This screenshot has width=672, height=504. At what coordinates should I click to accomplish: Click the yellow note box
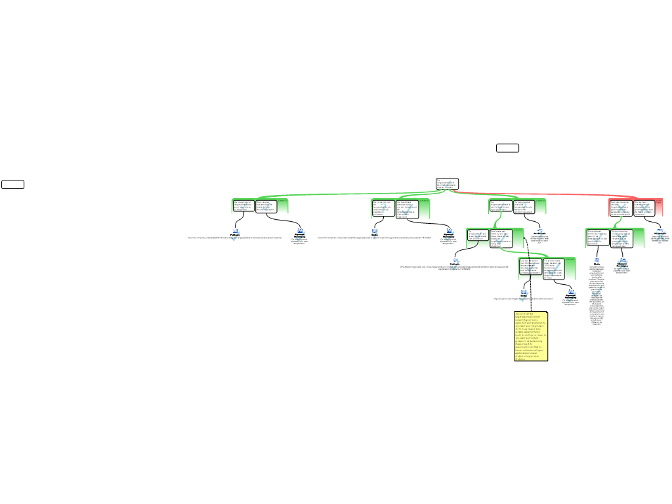point(530,336)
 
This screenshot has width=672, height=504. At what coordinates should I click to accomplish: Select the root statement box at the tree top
point(447,184)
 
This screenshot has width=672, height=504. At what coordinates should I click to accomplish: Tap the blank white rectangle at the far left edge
point(12,184)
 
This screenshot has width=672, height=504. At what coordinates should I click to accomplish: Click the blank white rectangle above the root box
point(507,148)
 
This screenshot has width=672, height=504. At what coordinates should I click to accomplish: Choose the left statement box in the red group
point(620,207)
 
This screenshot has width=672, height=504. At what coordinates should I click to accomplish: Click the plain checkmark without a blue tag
point(597,291)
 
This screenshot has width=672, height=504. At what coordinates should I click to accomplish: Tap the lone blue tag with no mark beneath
point(597,261)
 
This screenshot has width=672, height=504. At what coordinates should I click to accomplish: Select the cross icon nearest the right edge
point(660,236)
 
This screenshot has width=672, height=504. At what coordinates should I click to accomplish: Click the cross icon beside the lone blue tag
point(623,264)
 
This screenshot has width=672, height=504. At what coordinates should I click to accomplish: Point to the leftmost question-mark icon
point(375,234)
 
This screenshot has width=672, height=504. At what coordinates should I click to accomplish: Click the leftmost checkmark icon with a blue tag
point(236,235)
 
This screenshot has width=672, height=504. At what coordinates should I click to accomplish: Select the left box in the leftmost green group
point(243,206)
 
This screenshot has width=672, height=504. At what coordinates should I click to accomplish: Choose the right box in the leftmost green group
point(265,206)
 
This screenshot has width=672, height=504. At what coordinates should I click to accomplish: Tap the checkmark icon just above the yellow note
point(524,295)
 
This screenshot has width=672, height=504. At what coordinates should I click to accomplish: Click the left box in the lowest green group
point(530,267)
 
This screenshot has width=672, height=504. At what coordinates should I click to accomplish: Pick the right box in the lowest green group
point(554,268)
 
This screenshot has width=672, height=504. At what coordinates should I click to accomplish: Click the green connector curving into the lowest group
point(525,252)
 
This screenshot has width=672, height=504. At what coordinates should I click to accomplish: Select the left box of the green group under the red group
point(597,237)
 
